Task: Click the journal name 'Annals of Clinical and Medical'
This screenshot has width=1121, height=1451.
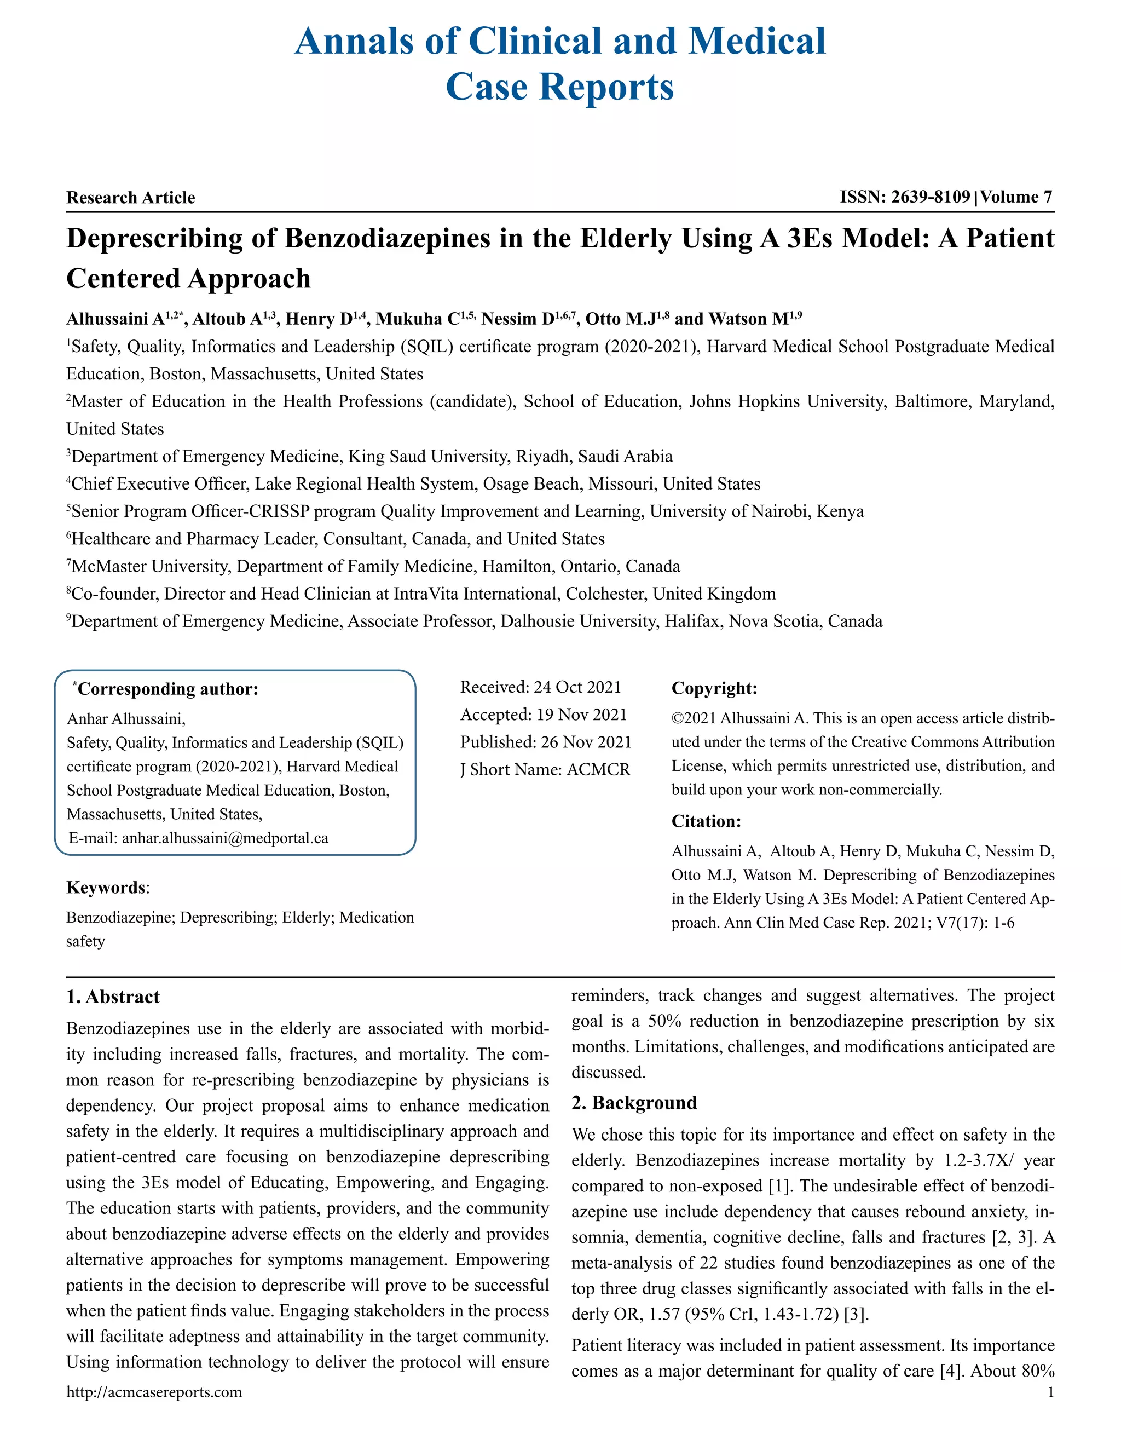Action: point(560,41)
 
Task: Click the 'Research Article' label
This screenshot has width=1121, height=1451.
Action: point(131,197)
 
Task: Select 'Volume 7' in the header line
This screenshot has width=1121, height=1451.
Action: point(1016,197)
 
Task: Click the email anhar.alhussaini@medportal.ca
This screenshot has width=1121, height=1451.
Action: point(225,838)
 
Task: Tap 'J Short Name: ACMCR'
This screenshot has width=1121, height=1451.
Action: point(545,769)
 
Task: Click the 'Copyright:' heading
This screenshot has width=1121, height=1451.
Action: point(714,688)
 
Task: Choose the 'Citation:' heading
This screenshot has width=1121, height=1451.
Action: point(706,821)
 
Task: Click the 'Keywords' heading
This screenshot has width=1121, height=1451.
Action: point(106,888)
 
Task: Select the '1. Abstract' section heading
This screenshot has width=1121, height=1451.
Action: point(113,997)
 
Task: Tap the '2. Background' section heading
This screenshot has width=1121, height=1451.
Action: point(634,1103)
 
